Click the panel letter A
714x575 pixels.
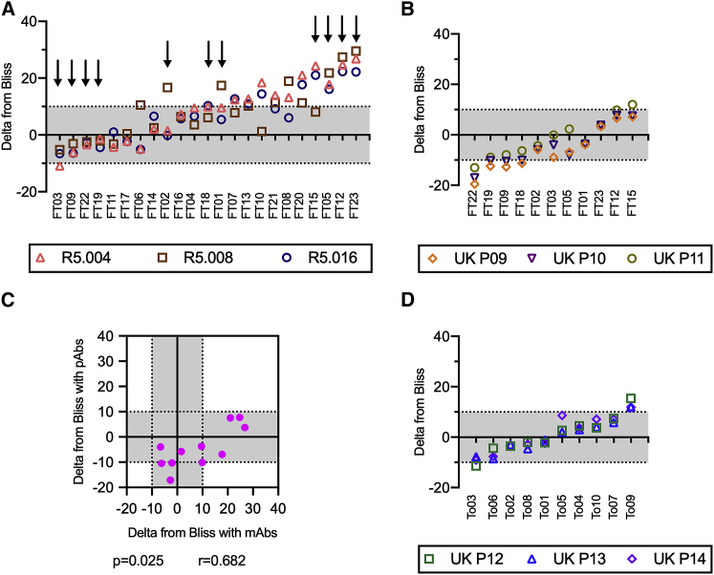tap(7, 9)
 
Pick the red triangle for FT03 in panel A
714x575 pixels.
tap(59, 166)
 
